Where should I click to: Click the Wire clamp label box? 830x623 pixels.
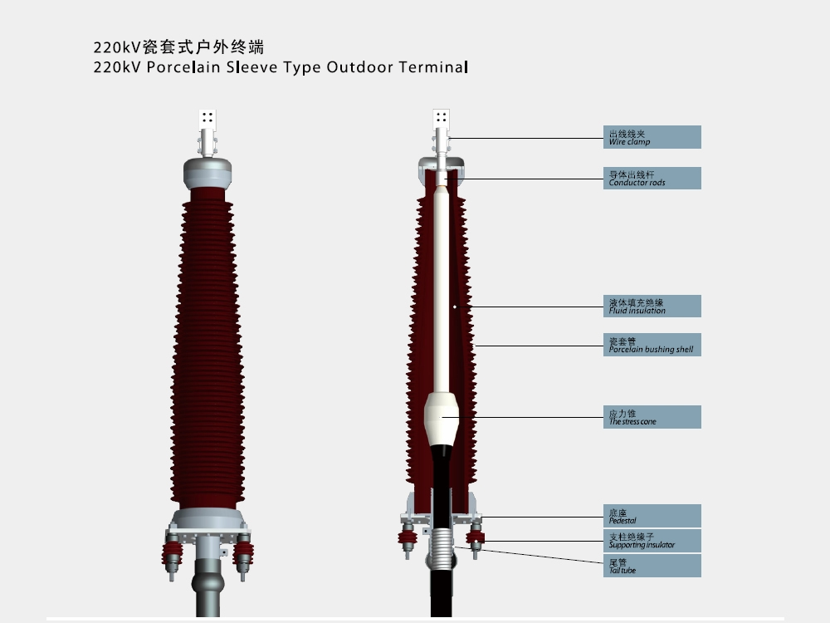[x=652, y=137]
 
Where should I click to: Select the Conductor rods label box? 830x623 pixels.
[x=652, y=178]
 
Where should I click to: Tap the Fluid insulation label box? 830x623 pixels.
[x=652, y=307]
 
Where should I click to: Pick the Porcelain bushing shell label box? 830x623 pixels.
[x=652, y=345]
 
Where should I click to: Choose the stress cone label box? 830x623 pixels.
[x=652, y=417]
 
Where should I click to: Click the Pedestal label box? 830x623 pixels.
[x=652, y=516]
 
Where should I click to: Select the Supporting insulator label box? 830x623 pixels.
[x=652, y=541]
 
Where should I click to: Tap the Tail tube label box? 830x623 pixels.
[x=652, y=566]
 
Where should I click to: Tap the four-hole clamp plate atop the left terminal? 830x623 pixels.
[x=207, y=118]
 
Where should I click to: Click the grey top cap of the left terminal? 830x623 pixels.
[x=207, y=173]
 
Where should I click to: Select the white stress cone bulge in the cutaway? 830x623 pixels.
[x=441, y=419]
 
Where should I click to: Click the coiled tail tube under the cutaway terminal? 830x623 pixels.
[x=441, y=547]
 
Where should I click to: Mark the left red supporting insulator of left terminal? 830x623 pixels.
[x=172, y=555]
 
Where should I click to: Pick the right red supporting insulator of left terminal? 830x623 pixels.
[x=243, y=555]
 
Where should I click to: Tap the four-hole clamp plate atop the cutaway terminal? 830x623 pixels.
[x=441, y=118]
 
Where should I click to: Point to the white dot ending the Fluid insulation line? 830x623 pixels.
[x=455, y=307]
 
